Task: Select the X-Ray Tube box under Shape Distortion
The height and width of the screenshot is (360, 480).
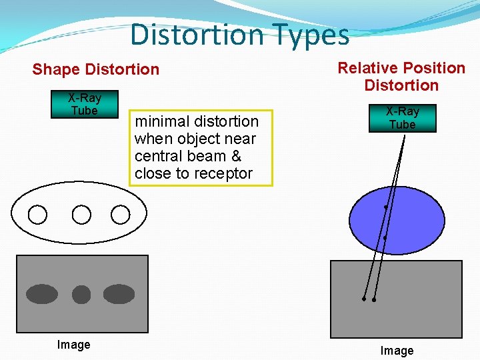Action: coord(85,104)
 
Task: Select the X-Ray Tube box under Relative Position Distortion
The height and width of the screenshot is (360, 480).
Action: coord(403,118)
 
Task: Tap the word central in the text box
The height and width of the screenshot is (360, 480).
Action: coord(157,156)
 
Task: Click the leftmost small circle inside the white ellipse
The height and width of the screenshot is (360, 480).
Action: coord(38,215)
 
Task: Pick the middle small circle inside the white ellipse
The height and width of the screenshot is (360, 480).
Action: coord(81,215)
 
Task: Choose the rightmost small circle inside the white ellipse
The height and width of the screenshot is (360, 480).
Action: coord(120,215)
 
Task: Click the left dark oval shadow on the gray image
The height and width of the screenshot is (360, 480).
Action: coord(42,294)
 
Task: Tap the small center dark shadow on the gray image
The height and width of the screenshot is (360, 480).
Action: coord(81,294)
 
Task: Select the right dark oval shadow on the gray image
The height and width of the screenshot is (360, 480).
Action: coord(119,294)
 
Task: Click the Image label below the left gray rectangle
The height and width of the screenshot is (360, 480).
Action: coord(73,345)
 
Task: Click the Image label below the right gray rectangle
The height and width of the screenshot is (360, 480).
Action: coord(397,351)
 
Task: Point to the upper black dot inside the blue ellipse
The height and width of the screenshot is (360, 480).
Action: coord(386,208)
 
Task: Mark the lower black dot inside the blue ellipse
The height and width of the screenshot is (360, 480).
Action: coord(385,238)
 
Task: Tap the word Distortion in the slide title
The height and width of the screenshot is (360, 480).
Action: coord(197,35)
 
